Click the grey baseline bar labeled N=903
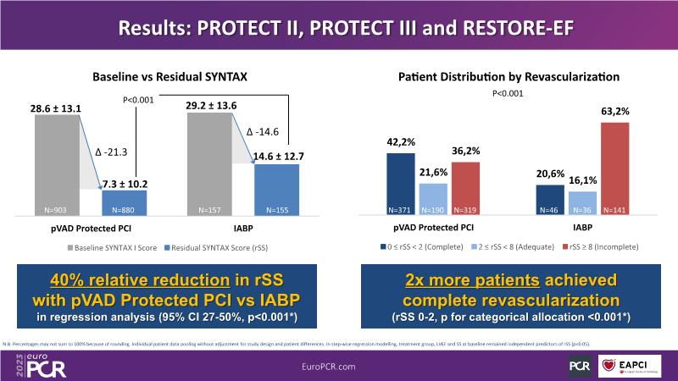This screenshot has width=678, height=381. pyautogui.click(x=56, y=161)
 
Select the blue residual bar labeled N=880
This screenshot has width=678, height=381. pyautogui.click(x=124, y=202)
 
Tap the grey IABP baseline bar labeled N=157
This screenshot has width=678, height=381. pyautogui.click(x=208, y=161)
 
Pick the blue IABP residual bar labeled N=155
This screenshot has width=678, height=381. pyautogui.click(x=276, y=188)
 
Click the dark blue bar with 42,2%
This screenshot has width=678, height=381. pyautogui.click(x=401, y=183)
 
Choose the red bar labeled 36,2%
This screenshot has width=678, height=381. pyautogui.click(x=465, y=187)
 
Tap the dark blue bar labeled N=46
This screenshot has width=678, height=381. pyautogui.click(x=551, y=199)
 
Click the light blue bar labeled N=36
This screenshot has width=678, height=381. pyautogui.click(x=583, y=202)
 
